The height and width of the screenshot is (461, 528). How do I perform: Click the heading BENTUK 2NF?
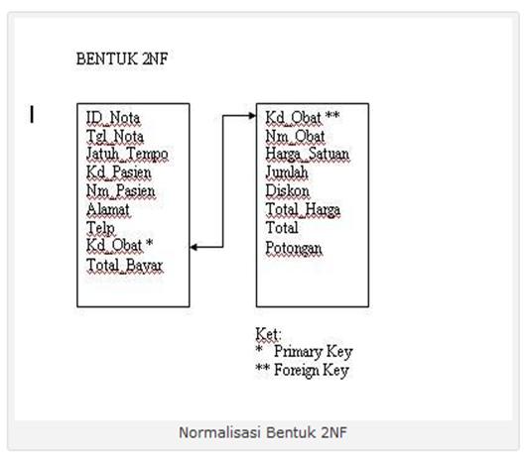click(122, 59)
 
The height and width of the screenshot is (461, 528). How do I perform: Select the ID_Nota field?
click(113, 118)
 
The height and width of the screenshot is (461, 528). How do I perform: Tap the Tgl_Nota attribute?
click(115, 137)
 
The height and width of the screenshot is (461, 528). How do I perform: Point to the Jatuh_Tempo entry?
click(127, 155)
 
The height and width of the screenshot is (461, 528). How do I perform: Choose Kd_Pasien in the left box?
click(118, 173)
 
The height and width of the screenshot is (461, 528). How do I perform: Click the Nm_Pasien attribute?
click(120, 190)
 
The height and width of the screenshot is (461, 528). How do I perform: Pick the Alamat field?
click(108, 209)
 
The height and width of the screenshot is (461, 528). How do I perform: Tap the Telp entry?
click(100, 228)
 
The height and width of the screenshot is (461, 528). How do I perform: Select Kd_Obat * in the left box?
click(119, 245)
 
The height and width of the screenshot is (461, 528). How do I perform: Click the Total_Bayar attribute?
click(125, 266)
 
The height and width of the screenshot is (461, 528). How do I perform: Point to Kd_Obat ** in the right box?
click(303, 118)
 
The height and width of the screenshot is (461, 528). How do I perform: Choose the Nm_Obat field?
click(295, 136)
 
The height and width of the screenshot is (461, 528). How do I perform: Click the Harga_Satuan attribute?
click(308, 154)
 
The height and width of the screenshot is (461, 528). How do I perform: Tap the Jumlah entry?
click(287, 173)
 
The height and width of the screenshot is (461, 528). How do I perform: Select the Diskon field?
click(287, 191)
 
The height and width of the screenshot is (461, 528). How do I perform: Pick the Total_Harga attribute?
click(303, 209)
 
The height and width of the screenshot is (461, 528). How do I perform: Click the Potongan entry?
click(294, 249)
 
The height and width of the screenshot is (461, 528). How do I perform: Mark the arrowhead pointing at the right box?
click(252, 116)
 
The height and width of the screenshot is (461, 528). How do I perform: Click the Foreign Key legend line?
click(302, 370)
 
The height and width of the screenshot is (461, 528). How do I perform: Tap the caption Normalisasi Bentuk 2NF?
click(263, 432)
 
